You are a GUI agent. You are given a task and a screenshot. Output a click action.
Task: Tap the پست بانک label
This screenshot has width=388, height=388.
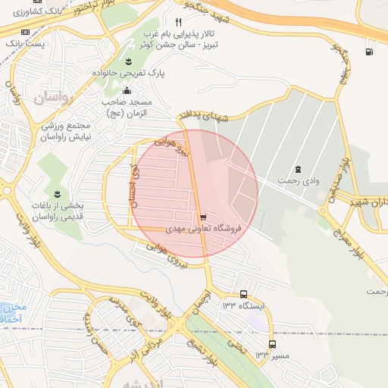[x=26, y=44]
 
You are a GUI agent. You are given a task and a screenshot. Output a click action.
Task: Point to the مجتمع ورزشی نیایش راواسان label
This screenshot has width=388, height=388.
[x=65, y=131]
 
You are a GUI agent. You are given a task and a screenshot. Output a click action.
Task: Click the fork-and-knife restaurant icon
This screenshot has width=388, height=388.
[x=178, y=22]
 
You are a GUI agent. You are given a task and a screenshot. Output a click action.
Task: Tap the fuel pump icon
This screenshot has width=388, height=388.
[x=369, y=52]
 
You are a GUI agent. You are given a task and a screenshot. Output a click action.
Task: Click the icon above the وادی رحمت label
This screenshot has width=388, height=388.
[x=298, y=169]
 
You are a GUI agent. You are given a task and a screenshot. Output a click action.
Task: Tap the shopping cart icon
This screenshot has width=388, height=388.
[x=202, y=217]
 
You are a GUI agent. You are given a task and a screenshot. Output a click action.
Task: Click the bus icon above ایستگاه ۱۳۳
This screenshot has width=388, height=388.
[x=243, y=294]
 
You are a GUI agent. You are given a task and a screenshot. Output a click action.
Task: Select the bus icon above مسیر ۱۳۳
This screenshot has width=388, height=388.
[x=272, y=343]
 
